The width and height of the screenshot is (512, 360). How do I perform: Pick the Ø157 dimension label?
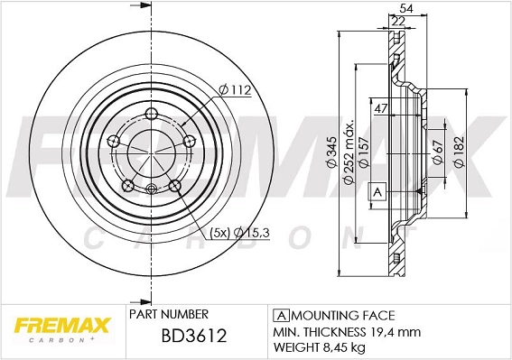(364, 156)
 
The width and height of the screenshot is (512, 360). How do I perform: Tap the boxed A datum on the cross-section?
(377, 190)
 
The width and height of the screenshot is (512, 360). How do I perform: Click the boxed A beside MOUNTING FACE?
(281, 315)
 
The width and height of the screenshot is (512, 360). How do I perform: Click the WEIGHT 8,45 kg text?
(321, 347)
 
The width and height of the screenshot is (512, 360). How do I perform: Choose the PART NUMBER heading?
(169, 314)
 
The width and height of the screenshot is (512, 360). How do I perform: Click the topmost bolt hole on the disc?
(149, 113)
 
